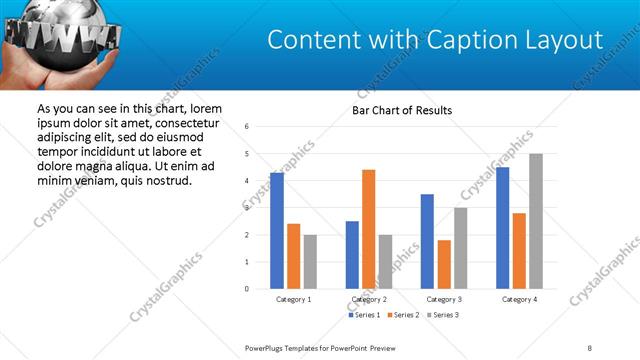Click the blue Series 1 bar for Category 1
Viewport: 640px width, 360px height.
tap(277, 231)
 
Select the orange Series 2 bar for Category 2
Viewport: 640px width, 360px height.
tap(368, 229)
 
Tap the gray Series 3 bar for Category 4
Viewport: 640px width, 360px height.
tap(536, 221)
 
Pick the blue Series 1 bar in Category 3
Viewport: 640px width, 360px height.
tap(427, 241)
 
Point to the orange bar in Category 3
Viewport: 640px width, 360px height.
tap(444, 264)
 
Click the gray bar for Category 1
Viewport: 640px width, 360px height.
tap(310, 262)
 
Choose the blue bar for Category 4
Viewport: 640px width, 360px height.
tap(502, 228)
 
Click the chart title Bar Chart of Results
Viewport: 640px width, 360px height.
tap(402, 110)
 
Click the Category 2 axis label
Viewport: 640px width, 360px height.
tap(369, 299)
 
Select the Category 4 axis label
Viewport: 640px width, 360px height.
tap(519, 299)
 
